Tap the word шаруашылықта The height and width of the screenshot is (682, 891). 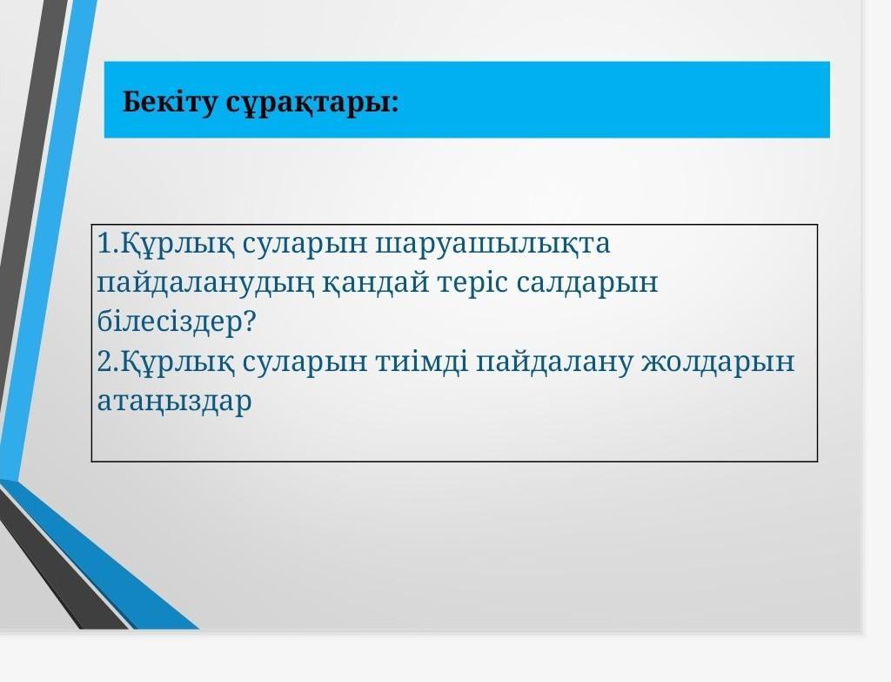point(492,244)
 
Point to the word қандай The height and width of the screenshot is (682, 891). point(376,283)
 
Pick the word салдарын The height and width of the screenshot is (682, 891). point(587,283)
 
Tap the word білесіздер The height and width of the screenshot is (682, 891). point(169,322)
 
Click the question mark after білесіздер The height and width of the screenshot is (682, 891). point(249,322)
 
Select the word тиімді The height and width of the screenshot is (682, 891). point(422,361)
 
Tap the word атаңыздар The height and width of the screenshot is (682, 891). point(174,401)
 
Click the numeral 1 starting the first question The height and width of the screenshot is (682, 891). point(105,243)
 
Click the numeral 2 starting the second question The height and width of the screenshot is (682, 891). point(104,361)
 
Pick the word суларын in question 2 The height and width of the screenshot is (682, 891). point(305,361)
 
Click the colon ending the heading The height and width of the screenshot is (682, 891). point(395,105)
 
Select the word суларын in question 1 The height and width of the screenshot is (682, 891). point(305,244)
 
